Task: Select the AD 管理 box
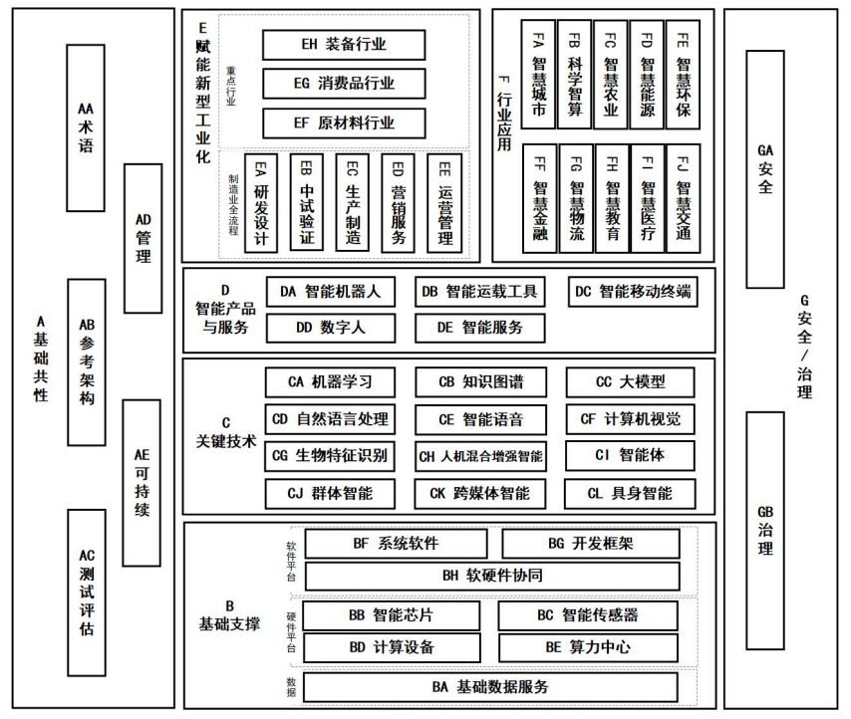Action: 142,238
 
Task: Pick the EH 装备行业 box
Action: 344,45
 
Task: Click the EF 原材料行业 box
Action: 344,123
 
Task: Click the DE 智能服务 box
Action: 481,326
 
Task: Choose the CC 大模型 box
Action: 630,382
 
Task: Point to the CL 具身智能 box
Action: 630,493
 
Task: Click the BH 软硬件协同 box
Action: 491,576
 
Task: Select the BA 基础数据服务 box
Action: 491,687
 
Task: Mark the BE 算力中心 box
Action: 588,646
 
